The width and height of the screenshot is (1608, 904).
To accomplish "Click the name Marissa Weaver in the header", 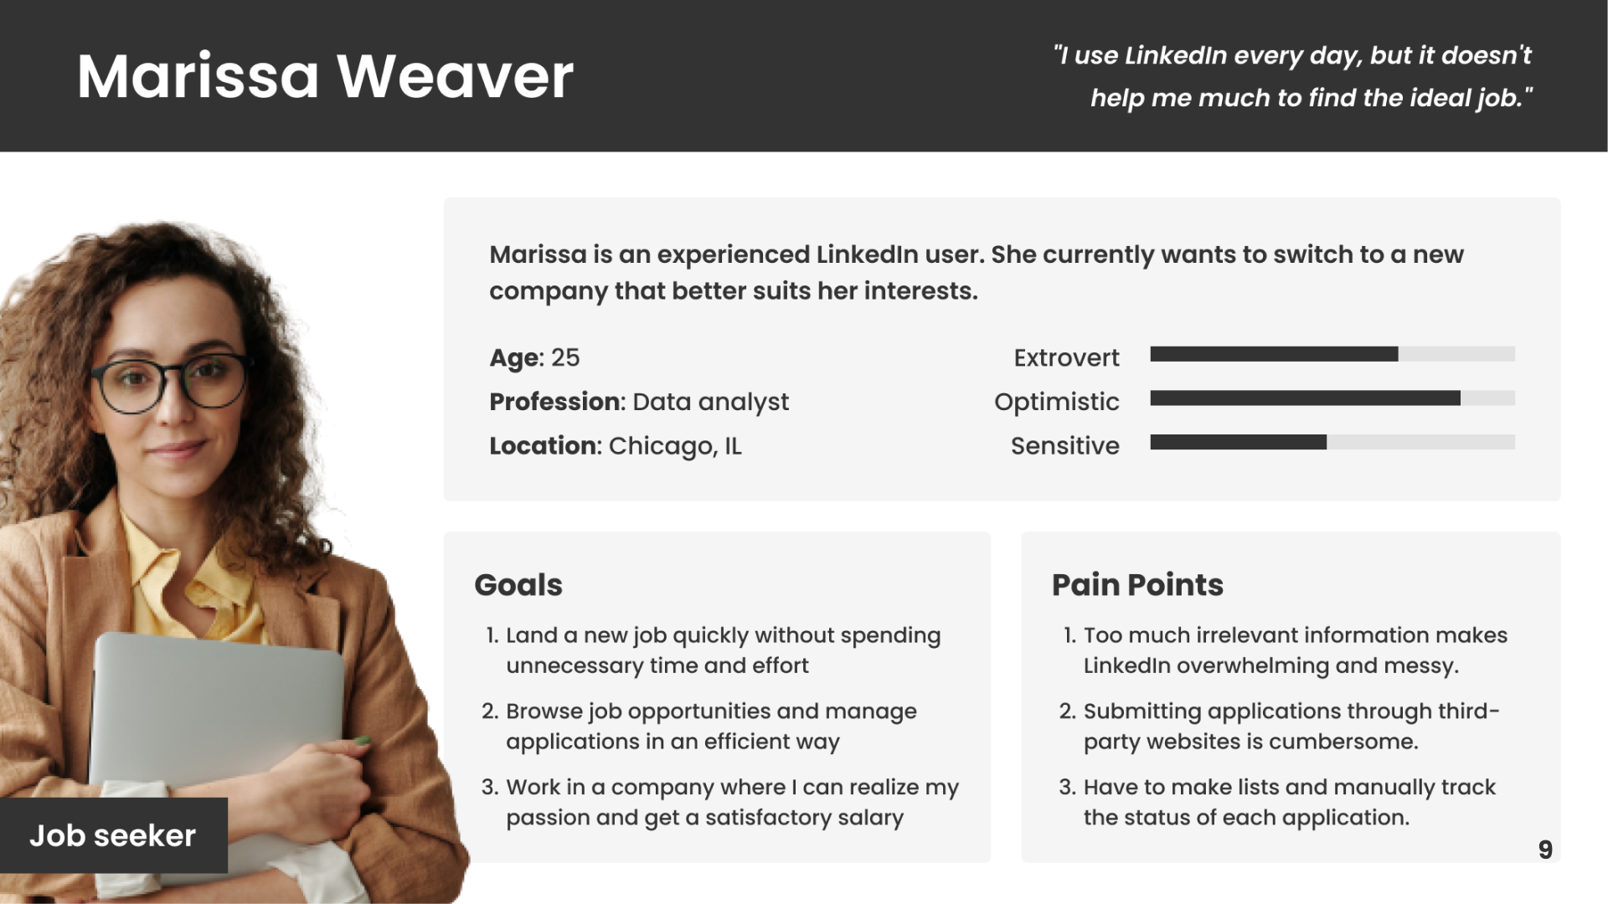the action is pyautogui.click(x=325, y=76).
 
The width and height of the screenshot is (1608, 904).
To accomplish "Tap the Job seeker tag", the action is pyautogui.click(x=113, y=835).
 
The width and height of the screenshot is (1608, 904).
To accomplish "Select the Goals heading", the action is pyautogui.click(x=518, y=584).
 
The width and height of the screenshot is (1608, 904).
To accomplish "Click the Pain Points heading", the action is pyautogui.click(x=1137, y=584).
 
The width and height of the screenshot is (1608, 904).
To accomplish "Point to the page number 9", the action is pyautogui.click(x=1545, y=850).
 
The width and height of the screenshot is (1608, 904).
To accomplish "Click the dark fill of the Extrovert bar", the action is pyautogui.click(x=1274, y=354).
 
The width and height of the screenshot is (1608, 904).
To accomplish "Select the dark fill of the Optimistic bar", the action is pyautogui.click(x=1306, y=398).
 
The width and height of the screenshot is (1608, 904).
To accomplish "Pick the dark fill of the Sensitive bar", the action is pyautogui.click(x=1239, y=442).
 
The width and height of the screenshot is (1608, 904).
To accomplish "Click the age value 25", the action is pyautogui.click(x=565, y=357).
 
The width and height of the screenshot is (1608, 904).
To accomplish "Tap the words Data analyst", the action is pyautogui.click(x=711, y=403).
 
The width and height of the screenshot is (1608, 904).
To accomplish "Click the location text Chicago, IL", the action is pyautogui.click(x=675, y=446).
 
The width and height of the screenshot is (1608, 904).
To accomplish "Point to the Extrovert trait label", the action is pyautogui.click(x=1066, y=357).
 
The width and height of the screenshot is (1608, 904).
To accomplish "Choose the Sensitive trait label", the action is pyautogui.click(x=1064, y=445).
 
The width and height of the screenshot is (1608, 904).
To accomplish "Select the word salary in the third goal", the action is pyautogui.click(x=870, y=818).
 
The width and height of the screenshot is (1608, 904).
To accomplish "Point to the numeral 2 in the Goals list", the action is pyautogui.click(x=489, y=711).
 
